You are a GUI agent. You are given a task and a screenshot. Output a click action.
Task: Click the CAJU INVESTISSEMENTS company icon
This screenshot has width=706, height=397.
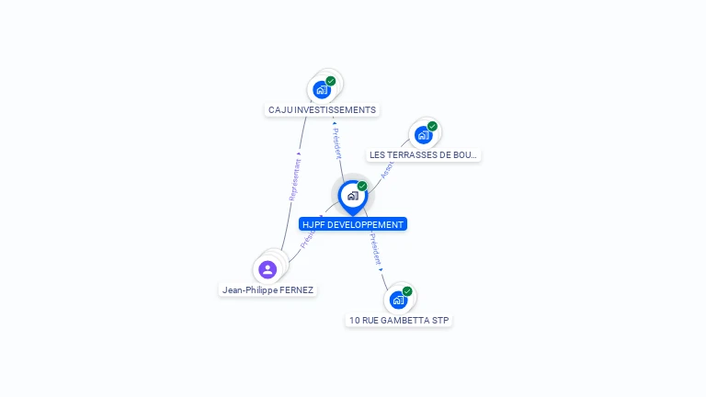point(321,90)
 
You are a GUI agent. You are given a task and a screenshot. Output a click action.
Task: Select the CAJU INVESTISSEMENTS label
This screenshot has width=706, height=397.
point(322,110)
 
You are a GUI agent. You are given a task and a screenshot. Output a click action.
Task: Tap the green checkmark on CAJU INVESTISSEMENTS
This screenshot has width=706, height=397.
point(331,81)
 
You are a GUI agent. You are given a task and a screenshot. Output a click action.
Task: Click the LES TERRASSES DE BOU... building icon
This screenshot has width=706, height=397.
point(423,135)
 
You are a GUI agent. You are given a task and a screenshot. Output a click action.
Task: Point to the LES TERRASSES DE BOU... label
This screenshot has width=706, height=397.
point(424,155)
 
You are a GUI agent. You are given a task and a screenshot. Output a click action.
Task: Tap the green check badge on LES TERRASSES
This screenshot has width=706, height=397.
point(432,127)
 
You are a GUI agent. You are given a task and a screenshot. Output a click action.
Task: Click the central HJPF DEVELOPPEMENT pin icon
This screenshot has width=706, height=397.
point(352,196)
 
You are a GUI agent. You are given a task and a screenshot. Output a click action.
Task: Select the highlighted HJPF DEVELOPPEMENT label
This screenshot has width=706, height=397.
point(352,224)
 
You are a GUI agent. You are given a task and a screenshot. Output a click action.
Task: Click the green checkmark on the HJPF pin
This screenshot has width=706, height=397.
point(362,187)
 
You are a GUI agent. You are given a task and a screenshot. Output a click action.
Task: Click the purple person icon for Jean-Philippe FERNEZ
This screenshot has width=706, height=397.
point(268,269)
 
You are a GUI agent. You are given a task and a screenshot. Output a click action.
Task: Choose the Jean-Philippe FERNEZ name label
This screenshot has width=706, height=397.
point(268,290)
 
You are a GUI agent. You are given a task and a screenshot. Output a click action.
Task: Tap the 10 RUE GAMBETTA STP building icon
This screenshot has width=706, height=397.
point(398,300)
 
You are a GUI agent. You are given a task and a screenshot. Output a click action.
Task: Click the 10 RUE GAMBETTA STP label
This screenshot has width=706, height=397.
point(400,321)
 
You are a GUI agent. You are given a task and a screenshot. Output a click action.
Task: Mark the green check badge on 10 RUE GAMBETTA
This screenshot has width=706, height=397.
point(407,291)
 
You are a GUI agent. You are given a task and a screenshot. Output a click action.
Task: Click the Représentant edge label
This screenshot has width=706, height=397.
point(295,179)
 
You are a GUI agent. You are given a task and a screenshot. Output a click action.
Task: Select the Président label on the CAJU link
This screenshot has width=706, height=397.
point(336,142)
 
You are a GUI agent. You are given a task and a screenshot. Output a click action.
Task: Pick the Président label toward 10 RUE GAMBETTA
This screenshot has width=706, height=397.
point(375,249)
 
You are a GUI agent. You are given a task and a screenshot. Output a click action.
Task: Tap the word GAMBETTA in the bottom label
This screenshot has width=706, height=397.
point(412,321)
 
